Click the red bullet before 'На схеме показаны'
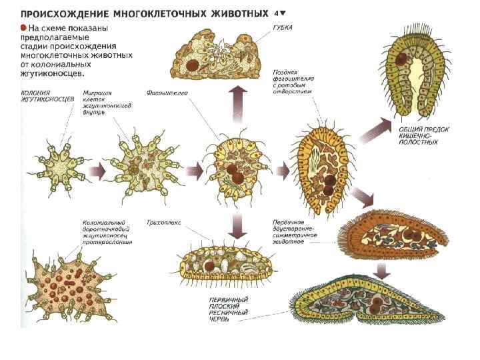(x=23, y=27)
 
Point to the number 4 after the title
(x=277, y=12)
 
